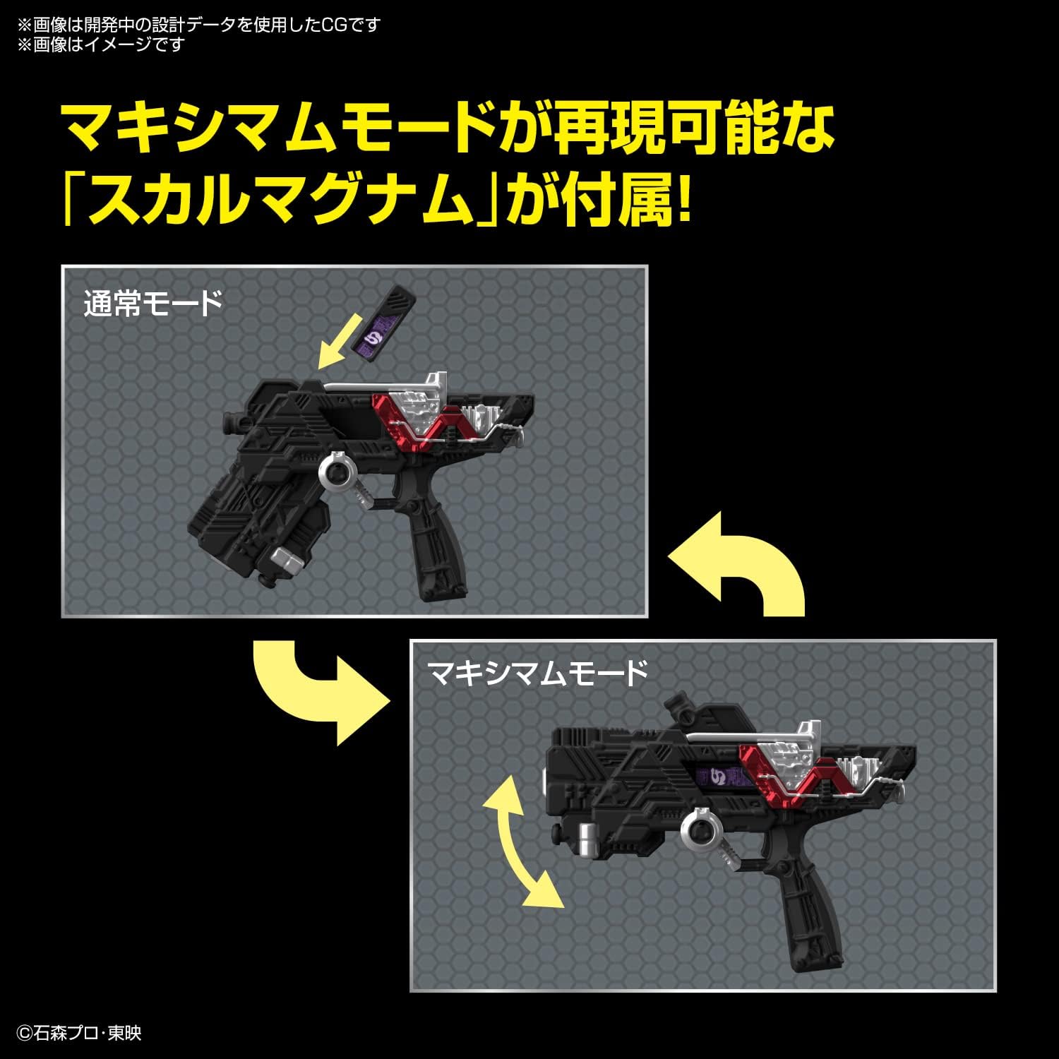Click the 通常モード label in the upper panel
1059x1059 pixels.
point(153,304)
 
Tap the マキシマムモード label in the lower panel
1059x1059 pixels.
point(537,673)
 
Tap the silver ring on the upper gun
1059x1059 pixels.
point(338,476)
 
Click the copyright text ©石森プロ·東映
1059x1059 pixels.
point(79,1033)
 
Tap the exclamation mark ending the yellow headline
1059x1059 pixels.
point(682,201)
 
